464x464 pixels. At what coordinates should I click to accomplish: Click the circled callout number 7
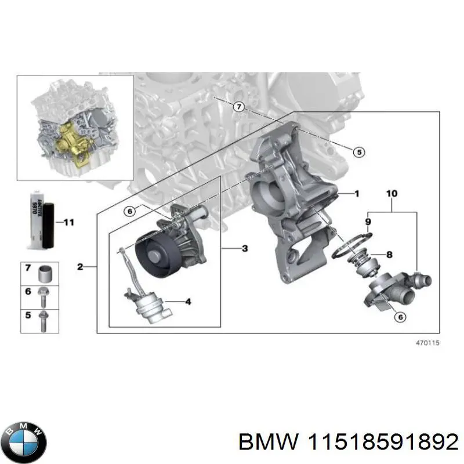238,107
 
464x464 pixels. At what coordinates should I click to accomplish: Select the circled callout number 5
358,152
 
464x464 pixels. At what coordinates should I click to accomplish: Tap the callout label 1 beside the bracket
357,193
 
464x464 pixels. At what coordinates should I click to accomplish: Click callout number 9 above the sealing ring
368,221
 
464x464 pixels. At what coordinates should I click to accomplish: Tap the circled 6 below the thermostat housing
399,316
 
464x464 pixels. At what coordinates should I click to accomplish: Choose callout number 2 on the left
81,267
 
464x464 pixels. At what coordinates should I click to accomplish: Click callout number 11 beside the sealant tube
68,222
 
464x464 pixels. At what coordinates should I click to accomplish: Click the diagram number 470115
429,343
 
